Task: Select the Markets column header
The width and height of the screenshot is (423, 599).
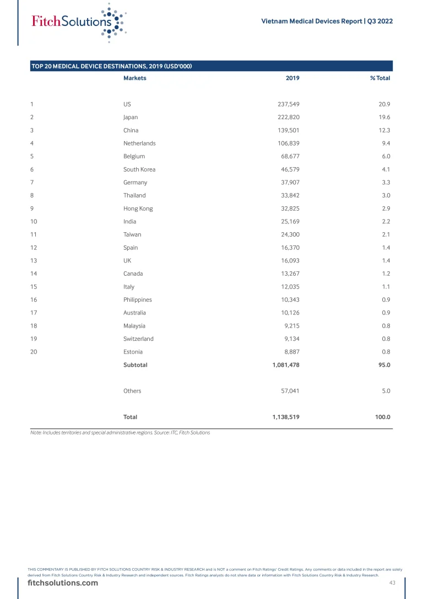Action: [x=134, y=78]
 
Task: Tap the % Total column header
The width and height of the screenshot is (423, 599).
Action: [x=380, y=78]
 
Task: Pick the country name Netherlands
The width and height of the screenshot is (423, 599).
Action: [x=139, y=143]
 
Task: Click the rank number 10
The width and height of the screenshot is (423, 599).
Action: [x=34, y=222]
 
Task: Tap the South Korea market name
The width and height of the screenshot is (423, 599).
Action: [x=139, y=169]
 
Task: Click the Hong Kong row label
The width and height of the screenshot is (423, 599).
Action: [x=138, y=208]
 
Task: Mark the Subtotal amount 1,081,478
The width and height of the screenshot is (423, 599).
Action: [x=285, y=365]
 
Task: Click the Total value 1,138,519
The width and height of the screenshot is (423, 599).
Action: [x=285, y=417]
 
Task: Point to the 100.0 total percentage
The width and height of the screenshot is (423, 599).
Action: [x=382, y=417]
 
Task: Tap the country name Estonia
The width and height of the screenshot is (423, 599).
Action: [x=133, y=352]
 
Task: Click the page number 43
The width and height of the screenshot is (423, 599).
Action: [x=393, y=583]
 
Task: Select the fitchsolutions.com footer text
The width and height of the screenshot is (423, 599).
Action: [x=63, y=583]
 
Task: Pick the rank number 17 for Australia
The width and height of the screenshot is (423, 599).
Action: [x=34, y=313]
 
